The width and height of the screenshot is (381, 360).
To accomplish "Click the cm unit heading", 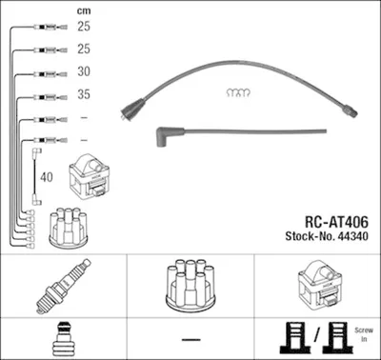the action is [x=84, y=11].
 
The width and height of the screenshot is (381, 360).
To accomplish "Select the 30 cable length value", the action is [x=84, y=71].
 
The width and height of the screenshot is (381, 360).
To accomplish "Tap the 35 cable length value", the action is [x=84, y=94].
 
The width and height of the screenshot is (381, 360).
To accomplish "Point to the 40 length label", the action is [x=47, y=177].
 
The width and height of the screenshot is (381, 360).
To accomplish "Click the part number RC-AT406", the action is [x=336, y=222].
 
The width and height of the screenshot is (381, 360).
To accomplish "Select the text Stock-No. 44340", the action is [x=327, y=236].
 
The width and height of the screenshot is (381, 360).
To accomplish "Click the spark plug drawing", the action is [x=64, y=287].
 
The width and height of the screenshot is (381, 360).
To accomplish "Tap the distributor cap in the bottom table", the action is [x=190, y=285].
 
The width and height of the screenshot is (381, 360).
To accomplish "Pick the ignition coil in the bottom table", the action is [x=320, y=284].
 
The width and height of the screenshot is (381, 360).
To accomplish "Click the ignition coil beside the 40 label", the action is [x=90, y=176].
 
